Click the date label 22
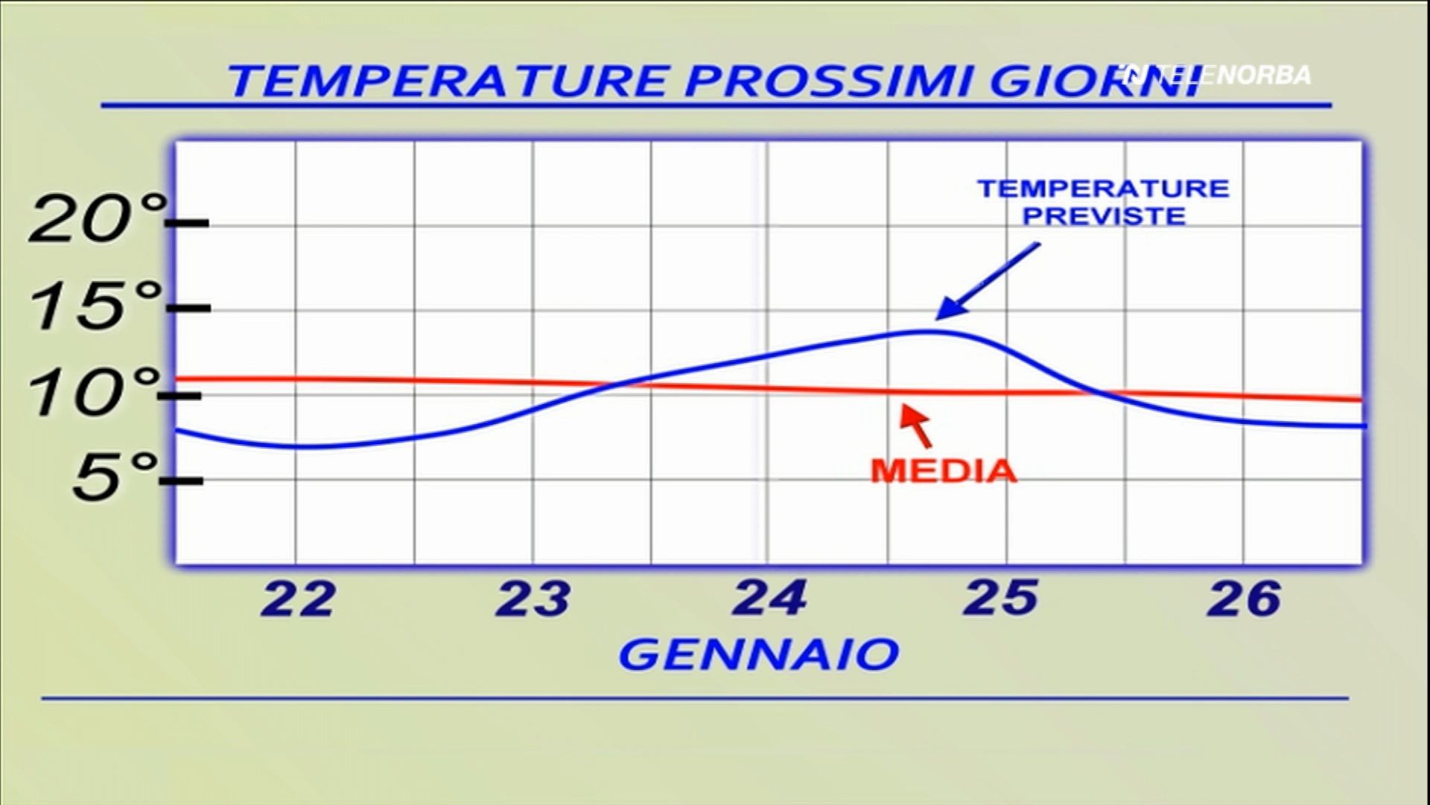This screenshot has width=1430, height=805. tap(297, 599)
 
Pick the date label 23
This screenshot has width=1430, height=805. tap(533, 599)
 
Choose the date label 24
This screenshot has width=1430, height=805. tap(770, 599)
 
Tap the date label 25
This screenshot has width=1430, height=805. tap(1000, 599)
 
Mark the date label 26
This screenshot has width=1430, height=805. tap(1245, 599)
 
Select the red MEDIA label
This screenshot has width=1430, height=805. tap(944, 472)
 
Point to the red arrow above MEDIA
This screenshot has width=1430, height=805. tap(917, 425)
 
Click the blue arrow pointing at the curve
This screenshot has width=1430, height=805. tap(987, 281)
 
